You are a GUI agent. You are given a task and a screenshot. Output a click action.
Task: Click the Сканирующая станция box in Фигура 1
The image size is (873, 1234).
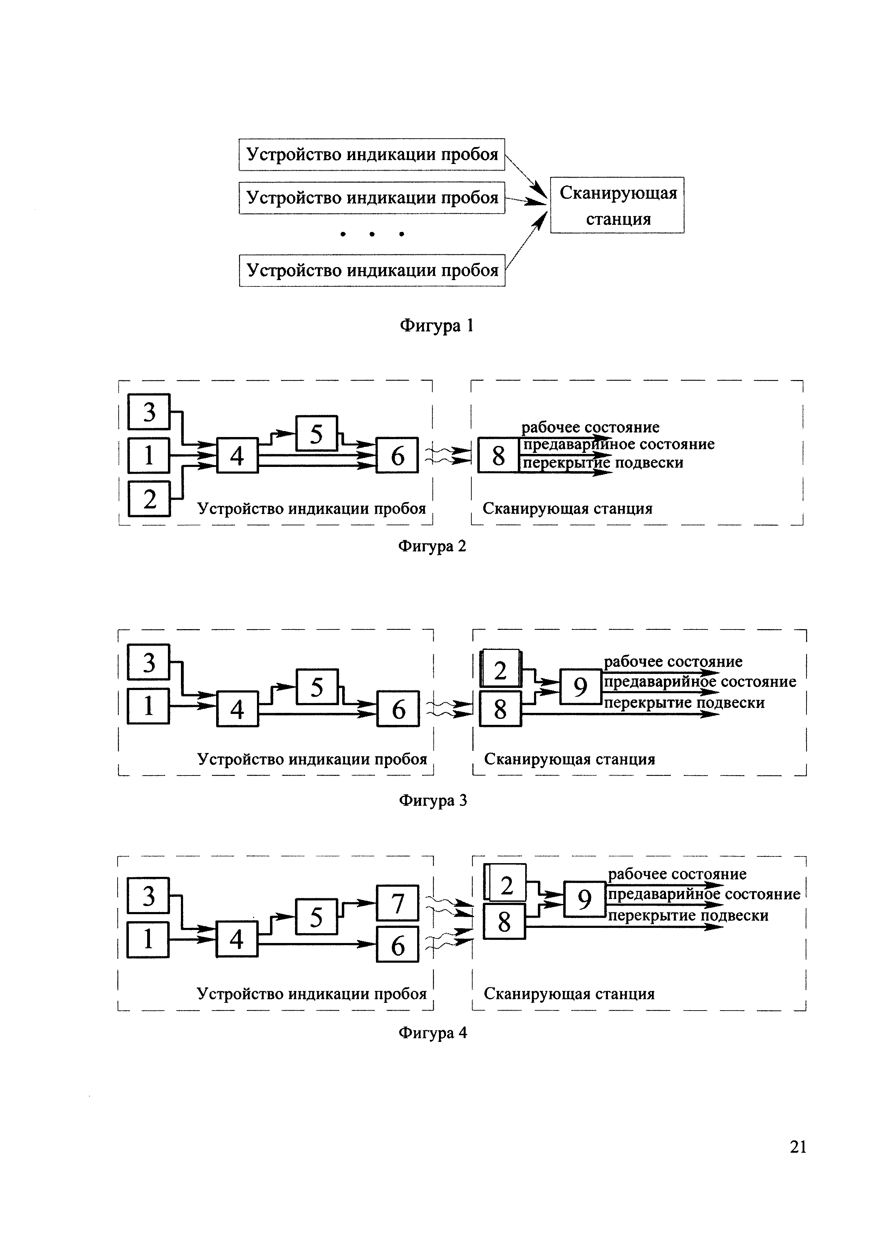pyautogui.click(x=617, y=205)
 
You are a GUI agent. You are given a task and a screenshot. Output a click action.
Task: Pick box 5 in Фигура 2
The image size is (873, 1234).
pyautogui.click(x=316, y=433)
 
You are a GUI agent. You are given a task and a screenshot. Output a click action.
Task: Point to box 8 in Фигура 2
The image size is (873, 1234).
pyautogui.click(x=498, y=456)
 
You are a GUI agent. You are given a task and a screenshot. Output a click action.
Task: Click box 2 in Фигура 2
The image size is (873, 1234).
pyautogui.click(x=149, y=499)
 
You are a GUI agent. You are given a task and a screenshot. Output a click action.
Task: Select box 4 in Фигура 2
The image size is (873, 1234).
pyautogui.click(x=237, y=456)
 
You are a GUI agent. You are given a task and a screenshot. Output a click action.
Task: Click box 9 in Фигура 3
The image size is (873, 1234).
pyautogui.click(x=580, y=686)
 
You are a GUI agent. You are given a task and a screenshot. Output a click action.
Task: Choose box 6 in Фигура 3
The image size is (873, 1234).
pyautogui.click(x=398, y=709)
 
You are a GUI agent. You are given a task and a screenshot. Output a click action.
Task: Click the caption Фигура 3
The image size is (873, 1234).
pyautogui.click(x=433, y=800)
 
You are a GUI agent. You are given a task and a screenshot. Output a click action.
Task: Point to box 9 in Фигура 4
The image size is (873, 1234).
pyautogui.click(x=584, y=899)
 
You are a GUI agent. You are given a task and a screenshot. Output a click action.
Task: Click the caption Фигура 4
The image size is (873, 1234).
pyautogui.click(x=433, y=1032)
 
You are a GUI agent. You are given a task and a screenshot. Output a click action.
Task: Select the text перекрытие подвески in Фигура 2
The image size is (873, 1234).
pyautogui.click(x=603, y=463)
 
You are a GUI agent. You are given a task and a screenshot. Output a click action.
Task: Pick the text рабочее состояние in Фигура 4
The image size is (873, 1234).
pyautogui.click(x=677, y=874)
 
